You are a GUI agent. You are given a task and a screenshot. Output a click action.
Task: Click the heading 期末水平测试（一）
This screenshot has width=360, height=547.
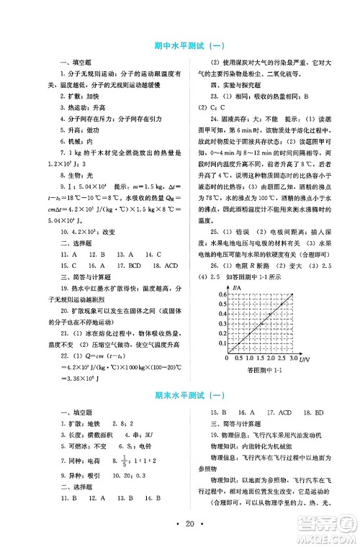[x=180, y=395]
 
